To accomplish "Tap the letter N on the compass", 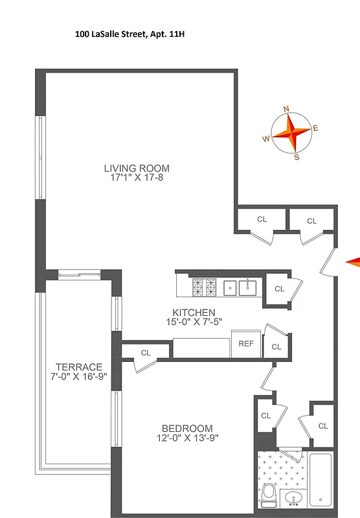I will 287,109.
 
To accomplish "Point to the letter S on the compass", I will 297,157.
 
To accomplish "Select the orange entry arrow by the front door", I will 352,261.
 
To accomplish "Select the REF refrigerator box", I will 246,344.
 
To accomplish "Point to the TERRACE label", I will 78,366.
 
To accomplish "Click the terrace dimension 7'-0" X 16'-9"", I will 78,376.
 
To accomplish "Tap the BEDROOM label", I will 187,428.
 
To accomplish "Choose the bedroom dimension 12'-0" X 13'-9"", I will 187,438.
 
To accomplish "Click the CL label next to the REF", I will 276,346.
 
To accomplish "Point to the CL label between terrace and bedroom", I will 146,353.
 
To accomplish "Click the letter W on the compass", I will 266,139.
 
